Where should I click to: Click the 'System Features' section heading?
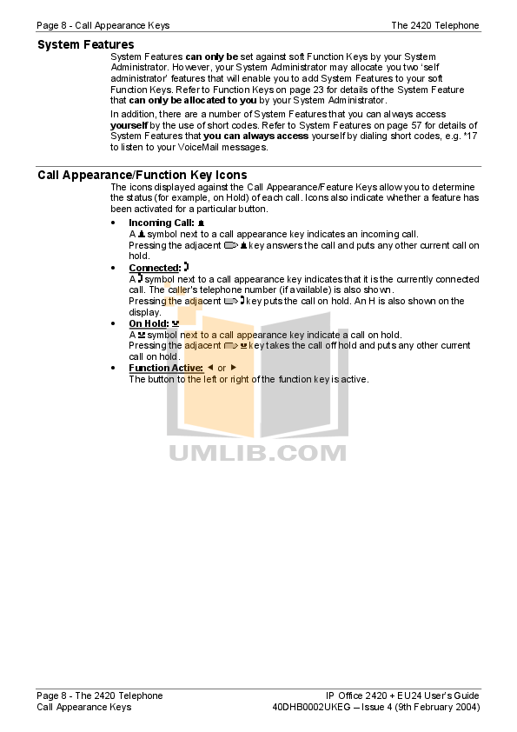coord(86,45)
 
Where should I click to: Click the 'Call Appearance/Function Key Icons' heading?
coord(143,175)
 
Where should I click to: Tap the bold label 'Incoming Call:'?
coord(162,223)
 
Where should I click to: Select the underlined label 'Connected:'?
coord(155,268)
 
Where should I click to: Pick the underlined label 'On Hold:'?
coord(149,323)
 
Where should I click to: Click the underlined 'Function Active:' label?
coord(166,368)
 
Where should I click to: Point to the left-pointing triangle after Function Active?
coord(210,368)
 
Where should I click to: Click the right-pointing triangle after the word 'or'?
coord(234,368)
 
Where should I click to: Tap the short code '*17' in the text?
coord(470,136)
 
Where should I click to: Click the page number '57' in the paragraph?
coord(416,125)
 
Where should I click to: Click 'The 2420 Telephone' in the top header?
coord(435,26)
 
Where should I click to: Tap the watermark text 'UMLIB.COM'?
coord(257,453)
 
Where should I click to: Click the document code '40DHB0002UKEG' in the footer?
coord(311,708)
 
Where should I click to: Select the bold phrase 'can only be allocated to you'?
coord(193,100)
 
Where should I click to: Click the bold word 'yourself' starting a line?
coord(129,125)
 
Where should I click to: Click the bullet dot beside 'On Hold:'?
coord(113,323)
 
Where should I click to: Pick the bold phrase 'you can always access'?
coord(255,136)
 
